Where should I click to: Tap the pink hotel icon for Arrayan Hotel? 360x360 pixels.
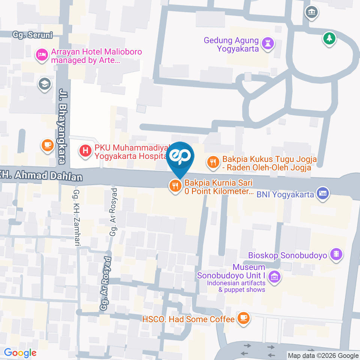point(41,55)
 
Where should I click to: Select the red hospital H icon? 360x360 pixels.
point(86,151)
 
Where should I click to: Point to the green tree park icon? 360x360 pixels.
point(329,38)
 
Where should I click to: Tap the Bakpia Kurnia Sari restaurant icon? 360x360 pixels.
point(175,186)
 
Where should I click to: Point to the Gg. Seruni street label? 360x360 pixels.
point(32,35)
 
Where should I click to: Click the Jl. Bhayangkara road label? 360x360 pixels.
point(61,126)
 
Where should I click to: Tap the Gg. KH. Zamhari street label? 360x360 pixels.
point(76,218)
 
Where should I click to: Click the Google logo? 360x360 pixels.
point(20,353)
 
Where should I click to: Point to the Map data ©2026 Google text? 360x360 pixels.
point(323,355)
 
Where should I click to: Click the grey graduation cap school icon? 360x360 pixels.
point(45,84)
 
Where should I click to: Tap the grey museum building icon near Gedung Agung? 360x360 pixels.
point(312,12)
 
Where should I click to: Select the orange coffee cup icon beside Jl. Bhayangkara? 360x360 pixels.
point(47,145)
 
